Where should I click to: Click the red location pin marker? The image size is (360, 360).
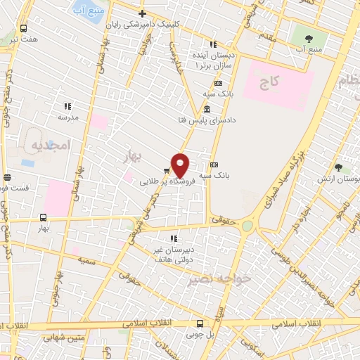tap(181, 165)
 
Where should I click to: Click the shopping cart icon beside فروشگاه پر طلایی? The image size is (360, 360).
tap(167, 170)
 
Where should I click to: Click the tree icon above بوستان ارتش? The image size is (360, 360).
tap(338, 167)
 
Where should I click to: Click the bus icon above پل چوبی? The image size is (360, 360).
tap(200, 324)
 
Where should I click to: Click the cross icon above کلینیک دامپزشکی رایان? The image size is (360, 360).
tap(142, 13)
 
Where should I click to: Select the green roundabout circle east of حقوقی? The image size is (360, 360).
tap(247, 226)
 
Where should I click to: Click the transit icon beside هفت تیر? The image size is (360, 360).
tap(24, 29)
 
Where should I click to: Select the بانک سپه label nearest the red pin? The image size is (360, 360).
tap(215, 175)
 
